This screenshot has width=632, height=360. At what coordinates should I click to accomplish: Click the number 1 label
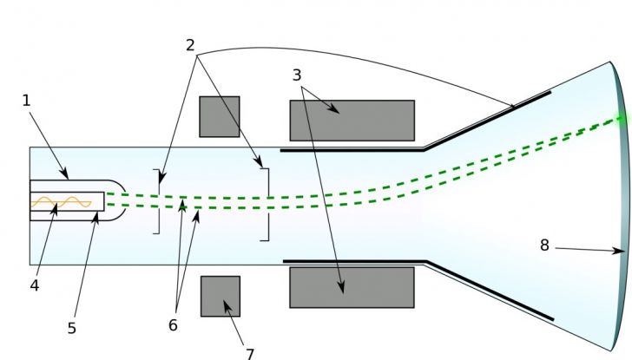point(26,101)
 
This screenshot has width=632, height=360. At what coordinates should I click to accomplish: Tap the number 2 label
point(190,46)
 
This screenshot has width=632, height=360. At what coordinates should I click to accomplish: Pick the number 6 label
point(173,325)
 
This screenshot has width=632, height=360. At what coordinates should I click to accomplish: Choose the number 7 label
point(249,353)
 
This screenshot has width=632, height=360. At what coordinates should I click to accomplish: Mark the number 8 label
point(544,245)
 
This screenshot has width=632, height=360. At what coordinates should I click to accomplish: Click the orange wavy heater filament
point(61,202)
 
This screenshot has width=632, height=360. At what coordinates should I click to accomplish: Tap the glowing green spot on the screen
point(621,119)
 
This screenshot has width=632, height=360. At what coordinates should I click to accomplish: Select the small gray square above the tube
point(220,116)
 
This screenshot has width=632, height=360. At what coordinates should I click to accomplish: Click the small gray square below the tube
point(221,296)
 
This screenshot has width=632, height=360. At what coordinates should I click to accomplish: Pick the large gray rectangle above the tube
point(352,121)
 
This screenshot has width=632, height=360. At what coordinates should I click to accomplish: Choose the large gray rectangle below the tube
point(352,287)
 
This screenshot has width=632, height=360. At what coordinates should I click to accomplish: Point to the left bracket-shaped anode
point(158,201)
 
